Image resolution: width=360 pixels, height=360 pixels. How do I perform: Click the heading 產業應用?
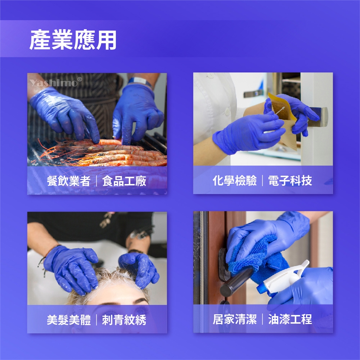[x=73, y=40]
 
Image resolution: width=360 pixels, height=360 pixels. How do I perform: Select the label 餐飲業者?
[x=68, y=181]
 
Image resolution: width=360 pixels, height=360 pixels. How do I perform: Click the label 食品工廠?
[x=124, y=181]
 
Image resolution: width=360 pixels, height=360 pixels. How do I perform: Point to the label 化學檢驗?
[x=234, y=180]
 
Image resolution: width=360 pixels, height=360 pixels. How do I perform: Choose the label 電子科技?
[x=290, y=180]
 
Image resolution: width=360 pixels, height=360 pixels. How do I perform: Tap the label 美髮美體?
[x=69, y=320]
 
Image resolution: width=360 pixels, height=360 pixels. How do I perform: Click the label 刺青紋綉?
[x=124, y=320]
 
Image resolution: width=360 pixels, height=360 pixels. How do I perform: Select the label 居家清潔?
[x=234, y=319]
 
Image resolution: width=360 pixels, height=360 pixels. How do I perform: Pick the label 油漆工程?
[x=290, y=319]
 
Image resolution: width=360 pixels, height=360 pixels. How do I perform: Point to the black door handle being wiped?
[x=237, y=282]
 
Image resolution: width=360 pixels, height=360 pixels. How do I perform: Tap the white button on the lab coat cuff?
[x=227, y=112]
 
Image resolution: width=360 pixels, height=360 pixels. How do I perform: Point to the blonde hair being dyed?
[x=108, y=282]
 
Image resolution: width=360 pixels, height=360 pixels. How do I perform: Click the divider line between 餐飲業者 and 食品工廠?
[x=96, y=181]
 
